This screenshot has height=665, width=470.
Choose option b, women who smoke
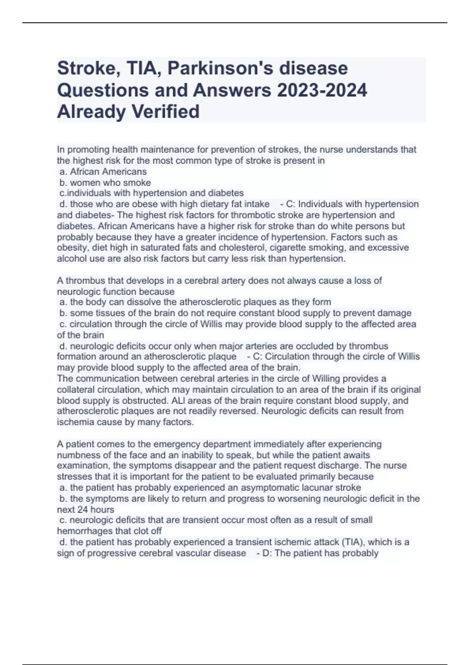click(105, 183)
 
